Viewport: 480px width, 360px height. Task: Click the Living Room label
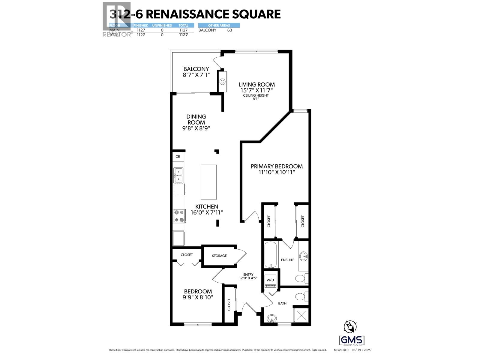tap(256, 85)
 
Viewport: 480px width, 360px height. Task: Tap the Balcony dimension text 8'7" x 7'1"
tap(196, 75)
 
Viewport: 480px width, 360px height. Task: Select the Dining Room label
tap(196, 119)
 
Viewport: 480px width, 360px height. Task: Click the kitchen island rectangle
tap(208, 182)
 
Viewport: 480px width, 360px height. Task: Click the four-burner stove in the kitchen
tap(179, 216)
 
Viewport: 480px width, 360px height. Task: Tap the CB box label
tap(178, 156)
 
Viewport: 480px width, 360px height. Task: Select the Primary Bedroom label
tap(277, 166)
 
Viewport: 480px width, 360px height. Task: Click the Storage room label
tap(219, 256)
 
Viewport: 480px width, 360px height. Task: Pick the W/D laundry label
tap(270, 280)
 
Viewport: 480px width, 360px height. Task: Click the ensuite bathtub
tap(271, 254)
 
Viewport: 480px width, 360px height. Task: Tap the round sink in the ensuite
tap(304, 256)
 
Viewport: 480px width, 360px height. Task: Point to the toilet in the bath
tap(301, 297)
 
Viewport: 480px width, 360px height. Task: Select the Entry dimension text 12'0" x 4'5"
tap(248, 278)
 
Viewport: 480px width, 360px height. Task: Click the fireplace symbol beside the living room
tap(222, 81)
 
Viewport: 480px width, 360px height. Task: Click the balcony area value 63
tap(229, 30)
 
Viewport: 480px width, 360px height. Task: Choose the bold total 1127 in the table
tap(183, 35)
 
